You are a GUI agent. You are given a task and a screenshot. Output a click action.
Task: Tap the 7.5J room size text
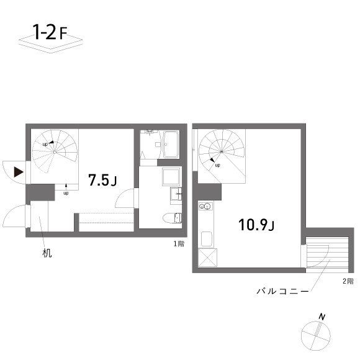click(x=102, y=180)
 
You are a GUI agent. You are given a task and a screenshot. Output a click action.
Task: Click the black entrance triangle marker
click(x=19, y=171)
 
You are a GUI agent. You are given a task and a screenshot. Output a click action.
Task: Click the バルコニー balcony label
click(x=282, y=290)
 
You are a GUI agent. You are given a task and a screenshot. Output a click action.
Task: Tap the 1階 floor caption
click(x=179, y=243)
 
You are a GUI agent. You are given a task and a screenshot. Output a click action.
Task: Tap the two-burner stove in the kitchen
click(x=205, y=207)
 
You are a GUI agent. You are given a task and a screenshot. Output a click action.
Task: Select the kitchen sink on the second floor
click(x=206, y=238)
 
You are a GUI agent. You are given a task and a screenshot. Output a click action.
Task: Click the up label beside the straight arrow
click(x=66, y=192)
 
